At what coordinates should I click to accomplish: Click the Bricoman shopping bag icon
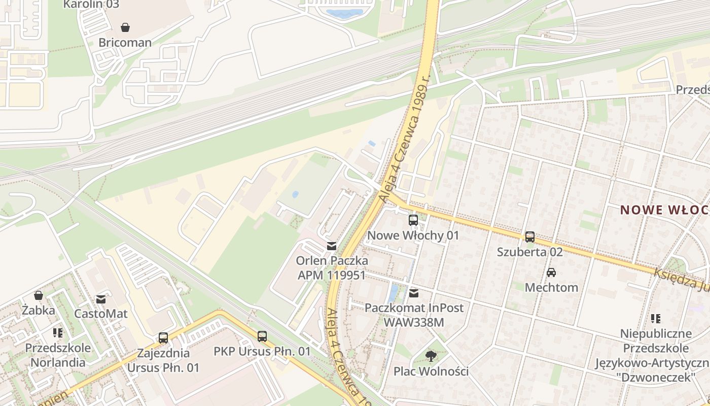(125, 27)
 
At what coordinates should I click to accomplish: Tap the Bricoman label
(125, 43)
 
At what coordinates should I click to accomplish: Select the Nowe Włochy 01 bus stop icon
(413, 220)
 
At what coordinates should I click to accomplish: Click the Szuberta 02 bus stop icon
(530, 236)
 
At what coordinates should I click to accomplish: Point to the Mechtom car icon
(551, 273)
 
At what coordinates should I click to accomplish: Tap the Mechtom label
(551, 288)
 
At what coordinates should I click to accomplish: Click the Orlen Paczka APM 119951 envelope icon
(331, 246)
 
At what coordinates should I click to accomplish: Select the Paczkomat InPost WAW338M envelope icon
(414, 293)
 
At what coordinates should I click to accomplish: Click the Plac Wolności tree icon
(431, 356)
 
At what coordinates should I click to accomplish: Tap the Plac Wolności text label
(431, 371)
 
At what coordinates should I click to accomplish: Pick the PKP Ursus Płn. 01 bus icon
(262, 336)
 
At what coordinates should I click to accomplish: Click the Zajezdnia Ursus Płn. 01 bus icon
(163, 338)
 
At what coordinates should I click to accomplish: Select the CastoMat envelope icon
(101, 299)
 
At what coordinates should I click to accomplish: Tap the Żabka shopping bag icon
(39, 295)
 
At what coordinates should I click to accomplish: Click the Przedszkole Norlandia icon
(58, 333)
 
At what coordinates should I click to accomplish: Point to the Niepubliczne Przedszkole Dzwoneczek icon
(655, 319)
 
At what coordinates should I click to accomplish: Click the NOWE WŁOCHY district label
(664, 210)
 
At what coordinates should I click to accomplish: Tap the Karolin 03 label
(91, 5)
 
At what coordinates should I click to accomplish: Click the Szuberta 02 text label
(530, 252)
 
